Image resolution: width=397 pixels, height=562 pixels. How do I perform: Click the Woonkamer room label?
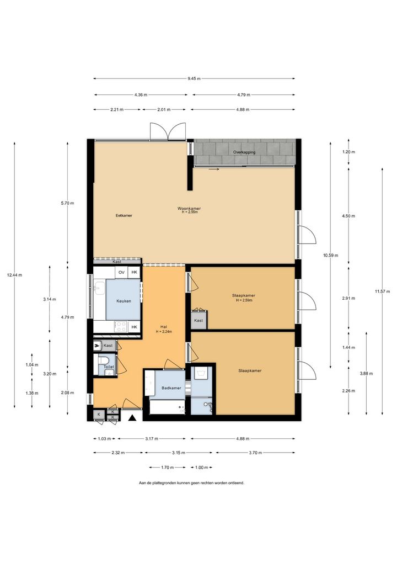coord(189,208)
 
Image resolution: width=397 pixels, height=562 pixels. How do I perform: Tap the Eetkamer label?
coord(124,215)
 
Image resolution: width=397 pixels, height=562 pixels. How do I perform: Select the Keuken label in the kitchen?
coord(124,301)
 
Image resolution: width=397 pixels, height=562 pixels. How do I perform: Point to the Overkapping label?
coord(244,152)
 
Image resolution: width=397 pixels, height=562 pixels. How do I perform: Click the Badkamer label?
coord(171,388)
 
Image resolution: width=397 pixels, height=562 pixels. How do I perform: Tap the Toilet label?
coord(109,367)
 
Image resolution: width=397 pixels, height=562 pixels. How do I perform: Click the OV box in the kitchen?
coord(122,272)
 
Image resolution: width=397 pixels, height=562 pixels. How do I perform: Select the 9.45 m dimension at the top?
coord(194,78)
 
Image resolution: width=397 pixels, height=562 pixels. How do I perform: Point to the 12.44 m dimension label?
coord(14,275)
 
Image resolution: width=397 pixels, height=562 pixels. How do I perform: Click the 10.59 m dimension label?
coord(330,256)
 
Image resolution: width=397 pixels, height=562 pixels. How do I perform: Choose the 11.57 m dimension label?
coord(382,291)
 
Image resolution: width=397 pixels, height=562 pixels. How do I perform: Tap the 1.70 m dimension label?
coord(167,468)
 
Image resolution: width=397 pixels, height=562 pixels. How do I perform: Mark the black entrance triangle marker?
coord(132,417)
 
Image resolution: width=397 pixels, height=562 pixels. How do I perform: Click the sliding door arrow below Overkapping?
coord(214,169)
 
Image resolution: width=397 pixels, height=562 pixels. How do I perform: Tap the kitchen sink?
coord(99,288)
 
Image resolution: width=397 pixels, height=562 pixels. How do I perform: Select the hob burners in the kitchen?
coord(121,326)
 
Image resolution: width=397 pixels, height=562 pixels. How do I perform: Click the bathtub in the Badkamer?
coord(167,407)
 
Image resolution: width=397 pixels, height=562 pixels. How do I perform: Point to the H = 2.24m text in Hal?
coord(164,332)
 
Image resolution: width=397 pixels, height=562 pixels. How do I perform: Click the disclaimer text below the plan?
coord(191,483)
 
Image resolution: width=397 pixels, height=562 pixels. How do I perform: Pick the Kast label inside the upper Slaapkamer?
coord(198,320)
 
